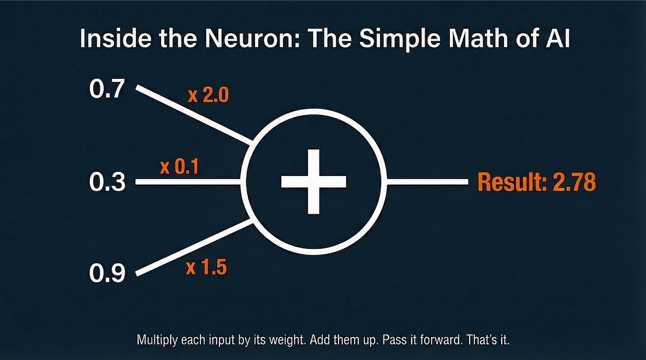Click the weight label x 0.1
[x=179, y=168]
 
